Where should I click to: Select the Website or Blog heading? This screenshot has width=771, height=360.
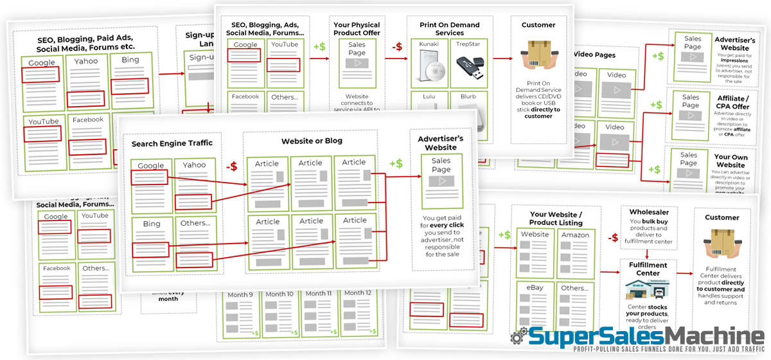pos(312,141)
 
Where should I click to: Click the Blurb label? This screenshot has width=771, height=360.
pos(468,96)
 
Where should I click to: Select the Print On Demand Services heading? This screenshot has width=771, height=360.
pos(449,29)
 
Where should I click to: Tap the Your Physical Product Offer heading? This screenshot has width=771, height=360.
pos(357,29)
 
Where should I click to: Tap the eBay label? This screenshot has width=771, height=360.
pos(535,289)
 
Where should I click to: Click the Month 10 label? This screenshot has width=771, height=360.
pos(280,294)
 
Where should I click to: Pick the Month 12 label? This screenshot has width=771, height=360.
pos(358,293)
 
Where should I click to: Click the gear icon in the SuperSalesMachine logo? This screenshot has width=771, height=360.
pos(518,338)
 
